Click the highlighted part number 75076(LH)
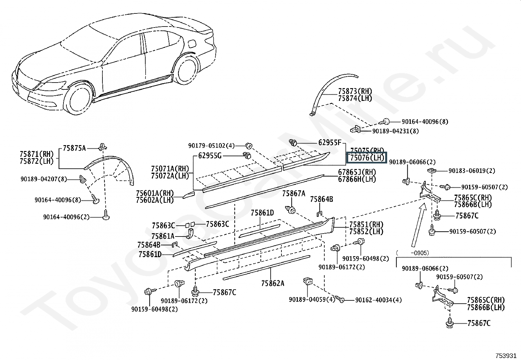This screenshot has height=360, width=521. point(367,158)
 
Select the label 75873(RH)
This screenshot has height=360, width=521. point(355,91)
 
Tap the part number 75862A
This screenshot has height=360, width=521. point(273,283)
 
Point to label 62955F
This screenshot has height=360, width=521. point(330,142)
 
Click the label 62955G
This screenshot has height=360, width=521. point(210,156)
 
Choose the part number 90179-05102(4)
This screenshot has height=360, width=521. point(211,145)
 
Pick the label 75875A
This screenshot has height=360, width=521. point(74,148)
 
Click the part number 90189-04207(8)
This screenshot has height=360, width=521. point(44,179)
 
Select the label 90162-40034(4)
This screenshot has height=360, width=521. point(379,300)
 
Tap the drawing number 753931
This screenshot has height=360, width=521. point(506,356)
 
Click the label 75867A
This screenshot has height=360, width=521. point(294,194)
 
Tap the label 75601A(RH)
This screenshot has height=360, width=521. point(155,193)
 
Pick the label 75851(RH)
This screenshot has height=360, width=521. point(366,225)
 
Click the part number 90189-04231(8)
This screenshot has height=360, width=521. point(395,131)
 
